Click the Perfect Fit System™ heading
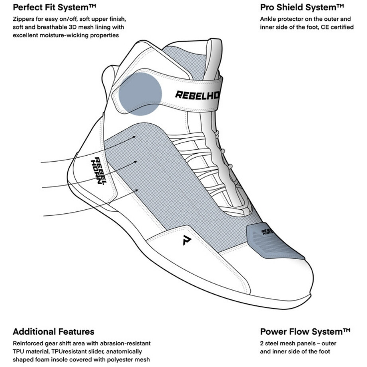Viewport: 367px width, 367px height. coord(55,7)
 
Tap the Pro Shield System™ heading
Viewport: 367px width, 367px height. coord(302,7)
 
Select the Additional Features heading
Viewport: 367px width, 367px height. coord(54,332)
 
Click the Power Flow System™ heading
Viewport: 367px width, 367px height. coord(305,332)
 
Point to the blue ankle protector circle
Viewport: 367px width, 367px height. coord(140,94)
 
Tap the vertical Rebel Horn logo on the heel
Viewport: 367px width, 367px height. coord(99,171)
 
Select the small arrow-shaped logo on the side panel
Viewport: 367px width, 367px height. coord(187,240)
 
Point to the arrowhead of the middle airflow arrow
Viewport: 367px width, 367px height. coord(135,162)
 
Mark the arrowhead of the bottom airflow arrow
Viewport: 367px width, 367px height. coord(137,191)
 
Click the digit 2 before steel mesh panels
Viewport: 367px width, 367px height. coord(262,344)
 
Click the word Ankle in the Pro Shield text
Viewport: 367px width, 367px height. coord(268,19)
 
